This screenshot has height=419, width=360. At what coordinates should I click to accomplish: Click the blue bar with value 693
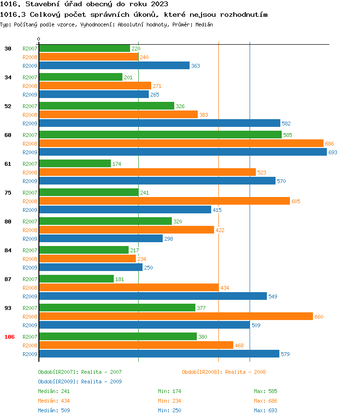[x=182, y=152]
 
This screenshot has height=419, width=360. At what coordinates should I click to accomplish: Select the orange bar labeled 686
[x=181, y=143]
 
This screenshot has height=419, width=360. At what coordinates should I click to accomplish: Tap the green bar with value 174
[x=75, y=163]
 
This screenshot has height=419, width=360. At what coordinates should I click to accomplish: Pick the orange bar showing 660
[x=176, y=316]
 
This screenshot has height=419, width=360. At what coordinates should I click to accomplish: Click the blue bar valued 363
[x=114, y=65]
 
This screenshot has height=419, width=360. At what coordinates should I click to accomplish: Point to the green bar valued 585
[x=160, y=135]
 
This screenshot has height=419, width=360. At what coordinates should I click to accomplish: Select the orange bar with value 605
[x=164, y=201]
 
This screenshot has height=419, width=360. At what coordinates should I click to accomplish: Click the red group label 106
[x=10, y=337]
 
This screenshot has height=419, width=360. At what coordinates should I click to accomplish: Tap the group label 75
[x=8, y=193]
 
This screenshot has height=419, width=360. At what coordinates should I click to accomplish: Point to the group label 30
[x=8, y=49]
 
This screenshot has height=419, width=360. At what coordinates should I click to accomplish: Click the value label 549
[x=273, y=296]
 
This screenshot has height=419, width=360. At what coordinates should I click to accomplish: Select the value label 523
[x=262, y=173]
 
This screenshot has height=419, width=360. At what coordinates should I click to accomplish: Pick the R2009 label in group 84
[x=30, y=268]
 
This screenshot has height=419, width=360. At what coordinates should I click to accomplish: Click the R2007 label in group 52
[x=30, y=106]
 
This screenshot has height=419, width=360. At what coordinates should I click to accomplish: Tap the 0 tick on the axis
[x=39, y=39]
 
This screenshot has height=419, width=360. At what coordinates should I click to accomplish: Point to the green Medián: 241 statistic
[x=54, y=391]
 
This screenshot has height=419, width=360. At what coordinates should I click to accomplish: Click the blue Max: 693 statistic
[x=265, y=410]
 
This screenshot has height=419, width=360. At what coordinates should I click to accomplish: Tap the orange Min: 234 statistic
[x=169, y=401]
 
